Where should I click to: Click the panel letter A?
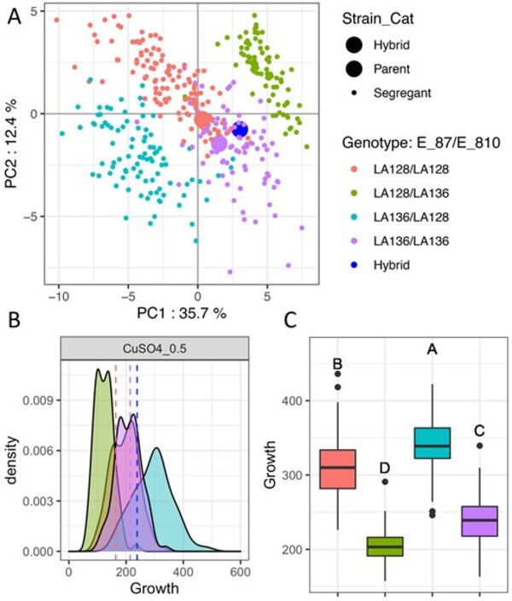click(14, 19)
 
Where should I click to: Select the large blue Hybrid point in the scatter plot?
click(240, 129)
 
